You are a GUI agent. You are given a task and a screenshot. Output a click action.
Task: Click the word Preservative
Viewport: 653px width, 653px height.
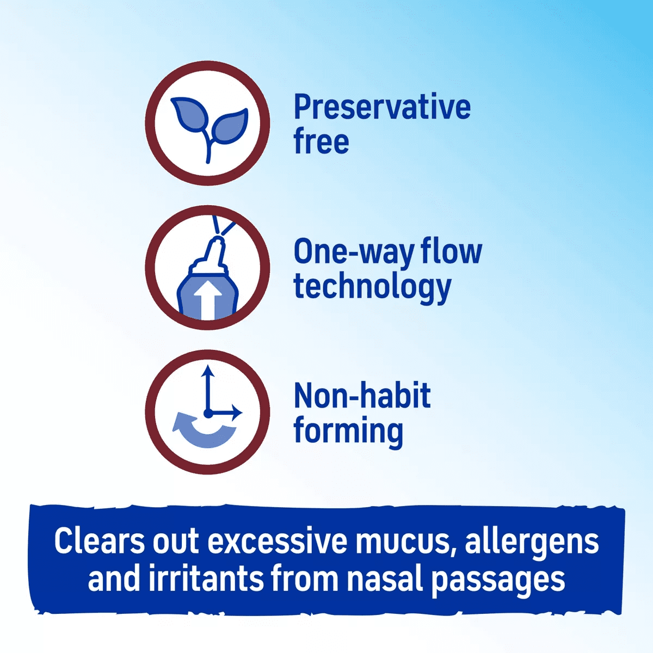[382, 107]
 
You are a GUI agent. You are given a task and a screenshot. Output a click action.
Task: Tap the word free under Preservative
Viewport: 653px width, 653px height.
[321, 141]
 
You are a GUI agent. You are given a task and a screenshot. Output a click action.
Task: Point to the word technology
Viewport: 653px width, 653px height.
[372, 287]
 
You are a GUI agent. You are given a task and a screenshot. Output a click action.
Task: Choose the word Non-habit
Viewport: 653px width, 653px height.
[362, 396]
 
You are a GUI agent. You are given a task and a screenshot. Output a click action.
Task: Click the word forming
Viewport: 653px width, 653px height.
[348, 432]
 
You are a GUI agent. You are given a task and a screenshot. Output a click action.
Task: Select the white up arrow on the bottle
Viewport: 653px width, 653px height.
[209, 302]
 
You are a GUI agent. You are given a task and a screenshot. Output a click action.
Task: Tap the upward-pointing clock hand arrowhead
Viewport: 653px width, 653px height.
[207, 372]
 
